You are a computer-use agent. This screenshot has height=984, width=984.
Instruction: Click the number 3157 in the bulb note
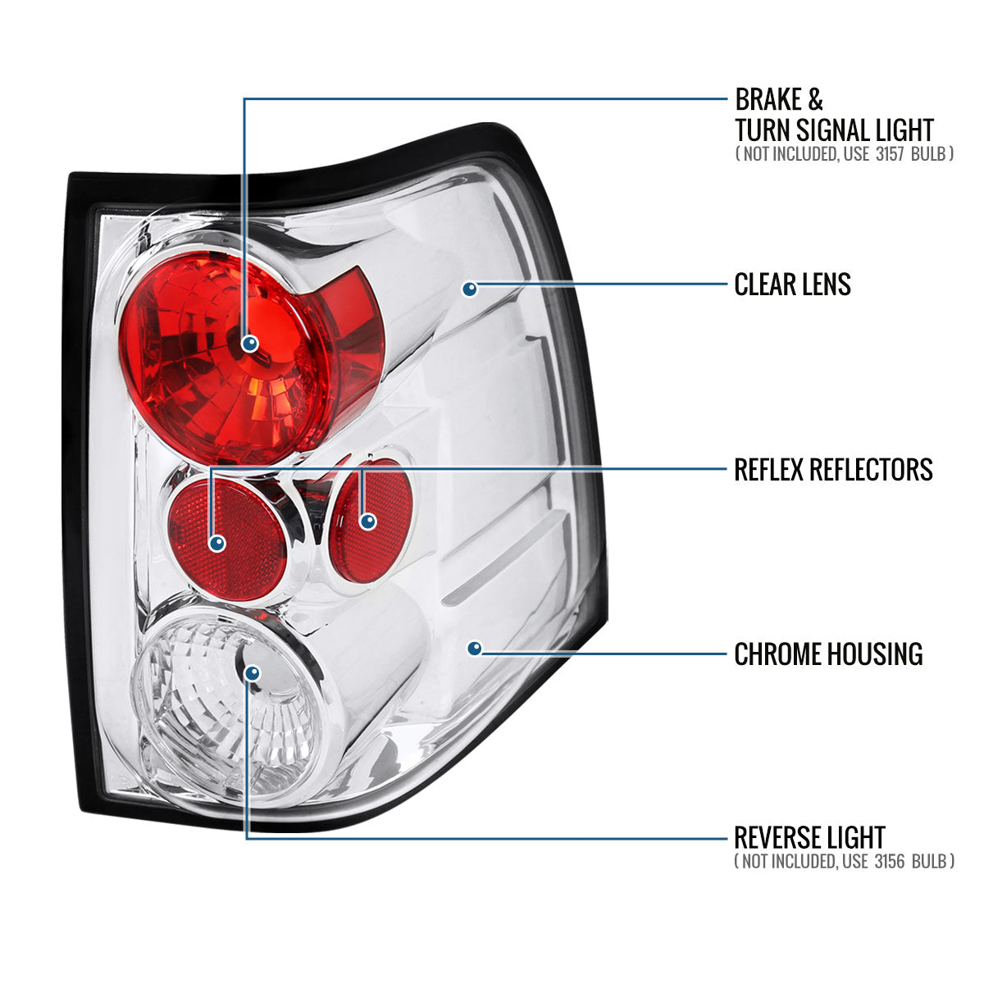pos(892,153)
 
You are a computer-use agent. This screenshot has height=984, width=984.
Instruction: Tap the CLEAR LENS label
pos(792,285)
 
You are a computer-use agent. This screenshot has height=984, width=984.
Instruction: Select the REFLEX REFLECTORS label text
pos(833,470)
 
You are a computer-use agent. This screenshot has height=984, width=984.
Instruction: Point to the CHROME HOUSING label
pos(828,654)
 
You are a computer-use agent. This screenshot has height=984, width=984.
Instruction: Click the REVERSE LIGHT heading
pos(809,837)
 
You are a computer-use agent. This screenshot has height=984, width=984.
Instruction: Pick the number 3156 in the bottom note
pos(893,861)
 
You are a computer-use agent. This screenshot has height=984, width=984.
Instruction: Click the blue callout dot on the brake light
pos(250,344)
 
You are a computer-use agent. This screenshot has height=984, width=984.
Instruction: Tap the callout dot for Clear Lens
pos(469,289)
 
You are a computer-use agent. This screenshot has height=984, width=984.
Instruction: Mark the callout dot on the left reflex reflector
pos(217,542)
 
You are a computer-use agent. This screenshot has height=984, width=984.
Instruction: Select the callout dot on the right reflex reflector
pos(367,521)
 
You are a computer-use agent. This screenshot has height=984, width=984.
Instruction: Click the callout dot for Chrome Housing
pos(474,649)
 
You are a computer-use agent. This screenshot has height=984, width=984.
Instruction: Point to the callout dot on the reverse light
pos(252,673)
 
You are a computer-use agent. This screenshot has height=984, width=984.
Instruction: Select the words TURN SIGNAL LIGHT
pos(834,130)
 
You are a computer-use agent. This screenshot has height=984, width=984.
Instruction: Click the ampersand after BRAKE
pos(814,100)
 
